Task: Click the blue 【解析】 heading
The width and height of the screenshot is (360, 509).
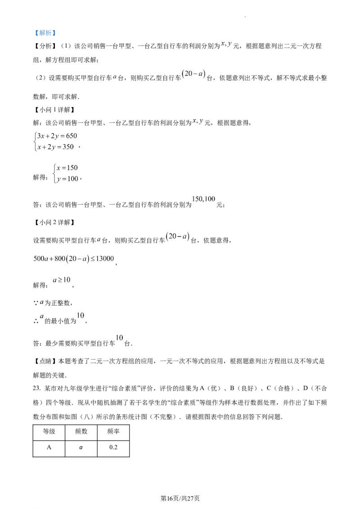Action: click(45, 33)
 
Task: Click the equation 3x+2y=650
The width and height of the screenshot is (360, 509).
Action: click(57, 136)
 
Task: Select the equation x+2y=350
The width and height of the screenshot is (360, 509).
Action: click(55, 147)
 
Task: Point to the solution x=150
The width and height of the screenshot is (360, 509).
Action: click(67, 168)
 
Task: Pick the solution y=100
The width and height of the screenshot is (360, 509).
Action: click(67, 179)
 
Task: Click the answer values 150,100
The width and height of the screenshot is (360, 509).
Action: click(204, 199)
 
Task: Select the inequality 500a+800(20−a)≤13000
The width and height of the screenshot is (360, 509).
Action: click(74, 259)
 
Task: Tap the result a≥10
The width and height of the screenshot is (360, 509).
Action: click(61, 280)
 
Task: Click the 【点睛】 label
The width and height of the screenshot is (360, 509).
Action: click(45, 362)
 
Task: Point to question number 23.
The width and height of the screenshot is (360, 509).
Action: click(37, 388)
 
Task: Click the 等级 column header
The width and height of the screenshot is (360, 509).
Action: click(49, 431)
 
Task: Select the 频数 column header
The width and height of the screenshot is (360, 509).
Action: click(81, 431)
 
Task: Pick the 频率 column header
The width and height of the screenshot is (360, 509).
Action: click(113, 431)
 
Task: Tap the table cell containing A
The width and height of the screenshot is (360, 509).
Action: click(49, 448)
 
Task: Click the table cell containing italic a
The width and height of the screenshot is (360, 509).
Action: click(81, 448)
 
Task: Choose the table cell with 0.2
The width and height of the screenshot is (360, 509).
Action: click(113, 448)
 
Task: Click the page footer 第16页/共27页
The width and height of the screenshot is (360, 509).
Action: click(180, 498)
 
